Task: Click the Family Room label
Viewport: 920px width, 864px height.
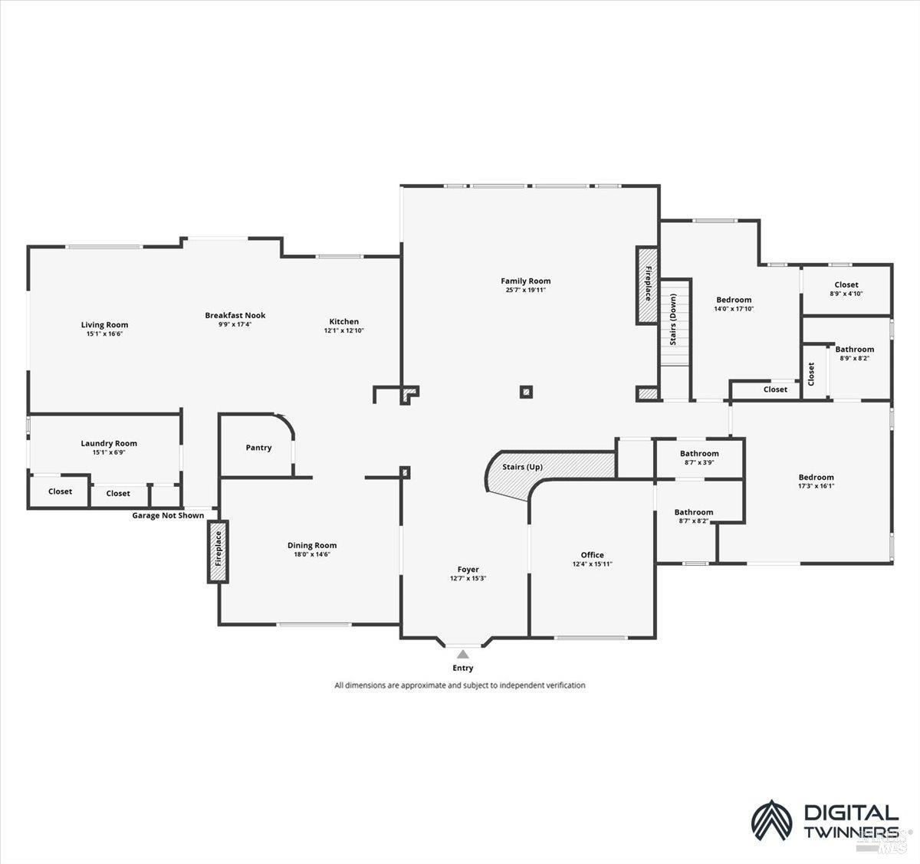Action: coord(525,281)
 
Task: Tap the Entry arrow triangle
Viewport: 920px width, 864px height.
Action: coord(463,654)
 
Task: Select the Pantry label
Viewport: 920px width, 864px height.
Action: coord(258,448)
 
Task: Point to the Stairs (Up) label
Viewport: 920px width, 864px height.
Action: coord(522,467)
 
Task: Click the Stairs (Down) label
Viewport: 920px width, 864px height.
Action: coord(672,320)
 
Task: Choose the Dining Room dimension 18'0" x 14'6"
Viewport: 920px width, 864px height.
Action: coord(312,554)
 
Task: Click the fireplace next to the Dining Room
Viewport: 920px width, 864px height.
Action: coord(218,551)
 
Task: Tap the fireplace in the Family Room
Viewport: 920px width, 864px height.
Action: coord(647,285)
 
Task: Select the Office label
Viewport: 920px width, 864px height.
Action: coord(592,555)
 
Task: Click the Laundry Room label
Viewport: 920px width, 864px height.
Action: coord(109,443)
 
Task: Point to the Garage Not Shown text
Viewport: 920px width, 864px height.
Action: coord(168,515)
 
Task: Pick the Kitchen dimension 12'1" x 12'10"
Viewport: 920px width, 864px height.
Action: coord(343,330)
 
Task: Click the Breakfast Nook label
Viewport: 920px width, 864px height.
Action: coord(235,315)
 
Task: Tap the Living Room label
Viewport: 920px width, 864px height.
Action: coord(104,325)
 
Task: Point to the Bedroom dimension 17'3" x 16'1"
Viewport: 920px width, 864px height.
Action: coord(816,486)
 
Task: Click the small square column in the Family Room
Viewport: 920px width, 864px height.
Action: coord(526,392)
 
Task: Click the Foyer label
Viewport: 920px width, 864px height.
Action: coord(468,570)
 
